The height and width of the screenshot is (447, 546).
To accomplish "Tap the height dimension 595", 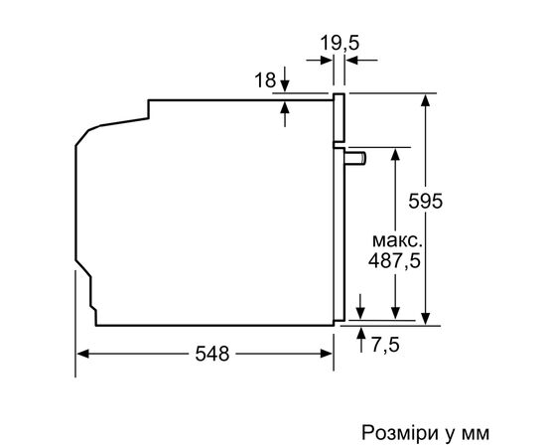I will pyautogui.click(x=427, y=200).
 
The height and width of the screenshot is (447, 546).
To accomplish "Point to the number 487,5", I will pyautogui.click(x=396, y=262).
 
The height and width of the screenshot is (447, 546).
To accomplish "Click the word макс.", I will pyautogui.click(x=396, y=241).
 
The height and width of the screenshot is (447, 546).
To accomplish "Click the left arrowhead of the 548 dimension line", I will pyautogui.click(x=81, y=354).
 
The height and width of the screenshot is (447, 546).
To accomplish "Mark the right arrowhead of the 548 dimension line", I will pyautogui.click(x=327, y=354).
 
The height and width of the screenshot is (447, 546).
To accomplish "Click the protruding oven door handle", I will pyautogui.click(x=355, y=156).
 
